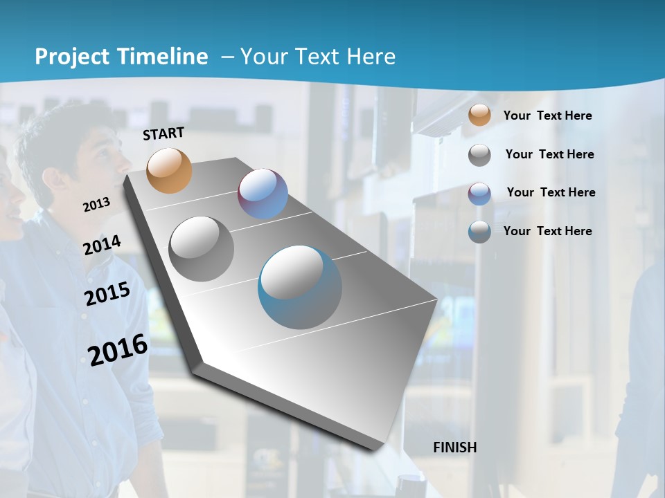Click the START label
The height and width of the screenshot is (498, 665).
pos(163,133)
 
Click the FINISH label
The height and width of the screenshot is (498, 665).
pos(454,448)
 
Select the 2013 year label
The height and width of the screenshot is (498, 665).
pos(96,205)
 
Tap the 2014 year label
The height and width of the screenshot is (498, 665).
pos(102,246)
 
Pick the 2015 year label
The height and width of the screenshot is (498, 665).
pos(107,294)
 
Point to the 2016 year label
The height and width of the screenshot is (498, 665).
pos(118,350)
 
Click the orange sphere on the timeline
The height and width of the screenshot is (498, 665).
pos(169,170)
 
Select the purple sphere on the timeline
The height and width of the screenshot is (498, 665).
pos(263,194)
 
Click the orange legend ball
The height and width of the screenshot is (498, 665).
pos(479,115)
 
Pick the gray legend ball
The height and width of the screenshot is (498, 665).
pos(479,155)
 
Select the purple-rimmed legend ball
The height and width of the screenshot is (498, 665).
pos(479,194)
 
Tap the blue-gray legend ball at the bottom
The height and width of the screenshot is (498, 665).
pos(479,232)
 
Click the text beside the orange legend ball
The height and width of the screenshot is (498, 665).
pos(547,116)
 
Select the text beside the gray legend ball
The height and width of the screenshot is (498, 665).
pos(549,154)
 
